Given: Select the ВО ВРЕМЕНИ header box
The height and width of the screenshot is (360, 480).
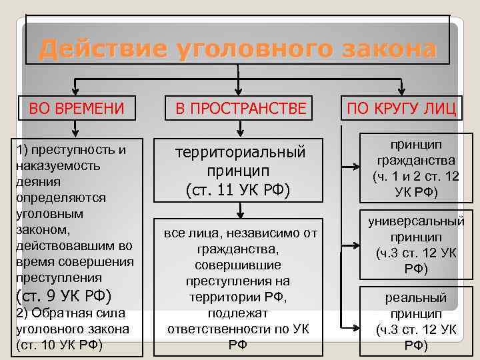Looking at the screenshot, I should (x=77, y=108).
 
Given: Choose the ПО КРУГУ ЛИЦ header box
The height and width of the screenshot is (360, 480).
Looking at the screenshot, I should (x=401, y=108).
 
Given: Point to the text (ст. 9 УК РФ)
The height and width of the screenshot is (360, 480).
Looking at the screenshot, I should (x=63, y=295).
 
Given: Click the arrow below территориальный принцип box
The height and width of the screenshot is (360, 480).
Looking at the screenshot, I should (x=239, y=211).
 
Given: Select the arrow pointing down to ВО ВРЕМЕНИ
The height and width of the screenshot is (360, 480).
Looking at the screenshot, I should (x=76, y=86).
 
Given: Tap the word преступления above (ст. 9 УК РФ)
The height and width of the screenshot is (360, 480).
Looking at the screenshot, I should (x=59, y=277).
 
